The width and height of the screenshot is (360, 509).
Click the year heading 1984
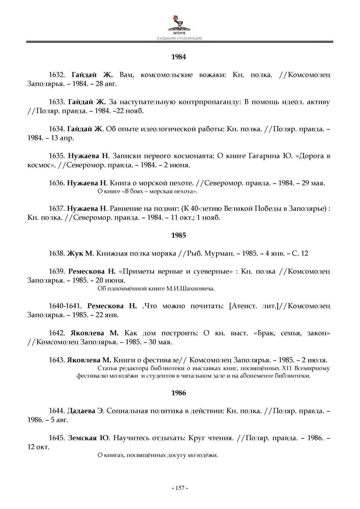(179, 57)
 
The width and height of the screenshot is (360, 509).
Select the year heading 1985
(179, 235)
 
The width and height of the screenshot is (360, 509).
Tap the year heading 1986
(179, 393)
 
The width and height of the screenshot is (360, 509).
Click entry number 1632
(57, 75)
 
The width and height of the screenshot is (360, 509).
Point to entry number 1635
(57, 156)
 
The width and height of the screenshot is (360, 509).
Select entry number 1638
(57, 253)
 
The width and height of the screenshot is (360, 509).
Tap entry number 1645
(57, 438)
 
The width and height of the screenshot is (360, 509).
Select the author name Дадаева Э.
(85, 411)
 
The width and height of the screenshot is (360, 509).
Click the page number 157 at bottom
(179, 488)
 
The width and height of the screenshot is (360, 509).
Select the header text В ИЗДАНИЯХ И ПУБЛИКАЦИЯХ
(179, 39)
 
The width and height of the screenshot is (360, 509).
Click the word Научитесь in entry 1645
(131, 438)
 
